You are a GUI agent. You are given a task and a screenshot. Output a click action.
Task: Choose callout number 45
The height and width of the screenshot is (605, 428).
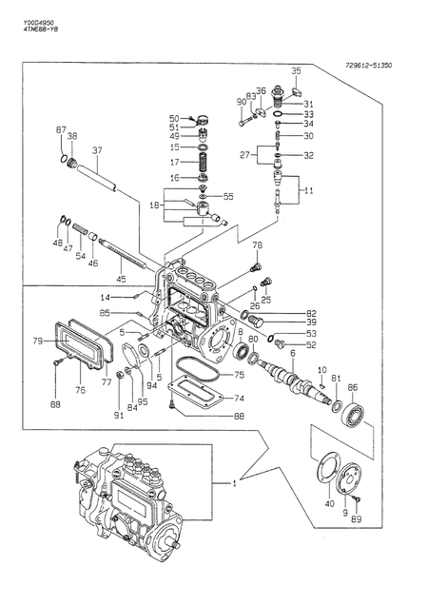(120, 278)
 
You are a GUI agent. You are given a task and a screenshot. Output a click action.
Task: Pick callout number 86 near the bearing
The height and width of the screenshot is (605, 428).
(352, 387)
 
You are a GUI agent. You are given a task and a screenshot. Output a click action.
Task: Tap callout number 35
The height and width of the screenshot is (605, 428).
(296, 71)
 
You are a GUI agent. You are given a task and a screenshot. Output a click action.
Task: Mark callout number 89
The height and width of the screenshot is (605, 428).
(357, 519)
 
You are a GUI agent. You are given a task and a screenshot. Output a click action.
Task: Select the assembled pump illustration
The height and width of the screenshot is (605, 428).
(124, 499)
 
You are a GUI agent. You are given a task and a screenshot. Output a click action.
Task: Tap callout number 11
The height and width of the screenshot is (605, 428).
(307, 191)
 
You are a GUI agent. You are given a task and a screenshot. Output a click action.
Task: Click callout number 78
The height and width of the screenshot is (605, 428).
(256, 245)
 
